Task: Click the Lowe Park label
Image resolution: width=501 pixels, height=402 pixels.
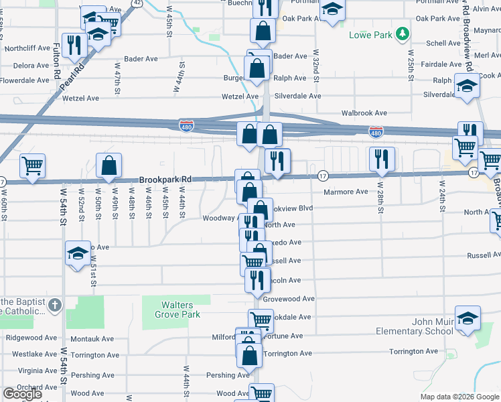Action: (370, 34)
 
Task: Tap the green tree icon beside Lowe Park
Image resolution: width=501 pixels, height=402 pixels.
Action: (402, 33)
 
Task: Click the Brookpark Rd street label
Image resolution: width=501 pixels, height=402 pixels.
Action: (165, 180)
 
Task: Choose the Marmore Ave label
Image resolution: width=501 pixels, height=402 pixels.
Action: (346, 192)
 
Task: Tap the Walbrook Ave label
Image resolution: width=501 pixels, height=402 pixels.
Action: (364, 113)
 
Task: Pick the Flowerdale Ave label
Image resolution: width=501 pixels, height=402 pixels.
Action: (25, 80)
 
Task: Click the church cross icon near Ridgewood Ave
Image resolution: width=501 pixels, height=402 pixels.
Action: (55, 306)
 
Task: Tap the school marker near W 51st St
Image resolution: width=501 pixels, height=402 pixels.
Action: (78, 253)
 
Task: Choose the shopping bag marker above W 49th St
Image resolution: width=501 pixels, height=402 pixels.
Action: (109, 165)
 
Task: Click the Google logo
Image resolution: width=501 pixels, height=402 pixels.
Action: (22, 394)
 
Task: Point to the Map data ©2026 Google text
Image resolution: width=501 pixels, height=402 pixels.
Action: (459, 397)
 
